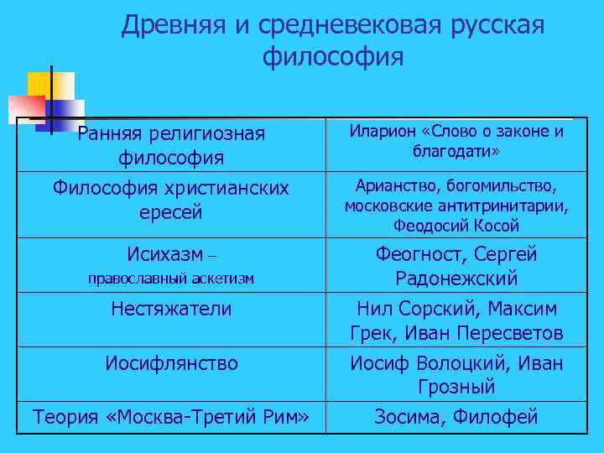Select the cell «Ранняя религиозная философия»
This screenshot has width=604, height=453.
(x=171, y=145)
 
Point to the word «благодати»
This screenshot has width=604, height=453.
(x=454, y=152)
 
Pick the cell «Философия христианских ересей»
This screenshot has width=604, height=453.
(x=171, y=200)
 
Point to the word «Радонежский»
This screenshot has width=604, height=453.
(x=456, y=279)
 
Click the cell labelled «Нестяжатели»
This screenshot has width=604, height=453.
(x=171, y=309)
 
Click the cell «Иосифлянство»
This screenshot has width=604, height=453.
(x=171, y=363)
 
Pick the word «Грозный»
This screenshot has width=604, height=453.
(x=456, y=388)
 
